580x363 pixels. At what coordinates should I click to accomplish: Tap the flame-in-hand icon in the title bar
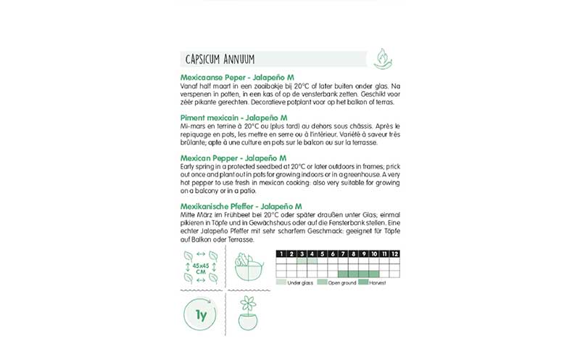click(x=382, y=58)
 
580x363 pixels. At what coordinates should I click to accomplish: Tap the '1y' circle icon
click(x=202, y=317)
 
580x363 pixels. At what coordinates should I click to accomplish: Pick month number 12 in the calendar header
click(x=395, y=253)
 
